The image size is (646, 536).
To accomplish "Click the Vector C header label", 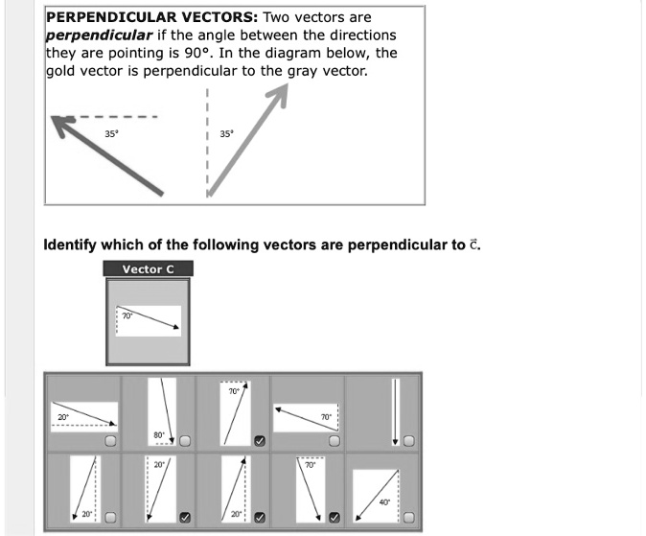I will tap(148, 269).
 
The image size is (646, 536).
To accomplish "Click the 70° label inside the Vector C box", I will tap(126, 315).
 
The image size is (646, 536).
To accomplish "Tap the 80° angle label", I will tap(158, 435).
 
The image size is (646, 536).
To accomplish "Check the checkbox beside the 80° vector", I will tap(185, 440).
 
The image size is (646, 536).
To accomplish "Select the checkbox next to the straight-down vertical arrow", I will tap(408, 441).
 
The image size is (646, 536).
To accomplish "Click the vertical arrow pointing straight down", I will tap(394, 411).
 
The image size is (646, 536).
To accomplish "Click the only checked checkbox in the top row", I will tap(260, 441).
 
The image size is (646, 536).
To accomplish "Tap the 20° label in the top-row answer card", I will tap(62, 417).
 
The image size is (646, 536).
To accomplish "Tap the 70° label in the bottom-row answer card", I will tap(310, 464).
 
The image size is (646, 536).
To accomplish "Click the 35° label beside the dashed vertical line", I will tap(226, 134).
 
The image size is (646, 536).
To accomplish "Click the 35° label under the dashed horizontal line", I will tap(112, 134).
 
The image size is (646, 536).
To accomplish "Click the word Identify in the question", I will tap(71, 245).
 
